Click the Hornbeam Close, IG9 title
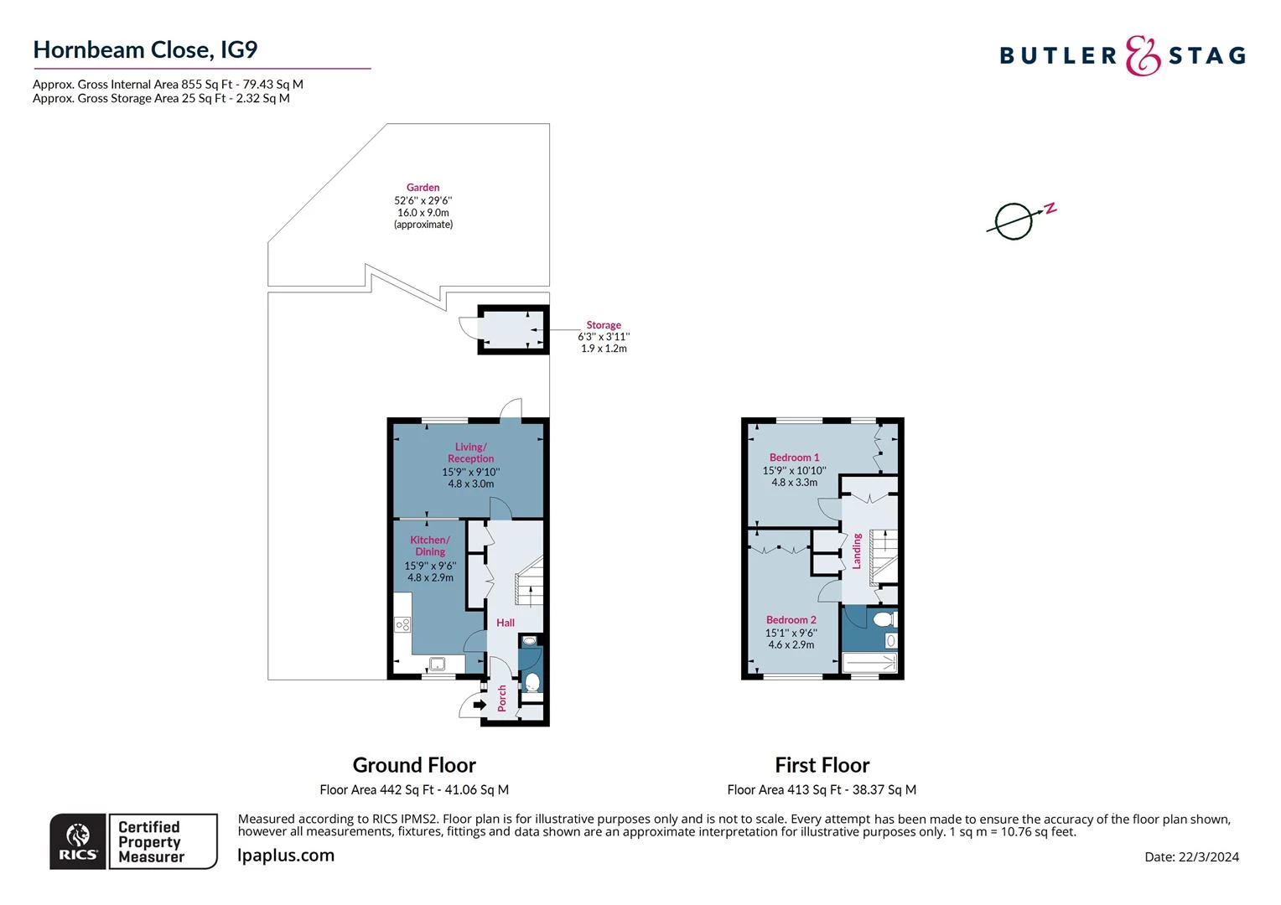pos(145,50)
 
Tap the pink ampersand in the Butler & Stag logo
pos(1143,55)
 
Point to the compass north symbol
pos(1021,220)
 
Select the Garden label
pos(423,188)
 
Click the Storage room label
pos(604,325)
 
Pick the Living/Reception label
pos(470,452)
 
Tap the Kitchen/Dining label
pos(430,546)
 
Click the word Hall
pos(506,623)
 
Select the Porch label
pos(501,698)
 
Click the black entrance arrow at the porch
pos(480,705)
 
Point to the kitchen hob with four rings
pos(402,624)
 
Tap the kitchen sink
pos(438,664)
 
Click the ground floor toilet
pos(532,681)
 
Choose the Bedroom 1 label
pos(794,458)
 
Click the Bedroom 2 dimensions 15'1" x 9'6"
pos(791,633)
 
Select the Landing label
pos(857,551)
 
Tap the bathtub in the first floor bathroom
pos(869,663)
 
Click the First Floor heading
pos(822,765)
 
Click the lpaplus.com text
pos(286,856)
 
